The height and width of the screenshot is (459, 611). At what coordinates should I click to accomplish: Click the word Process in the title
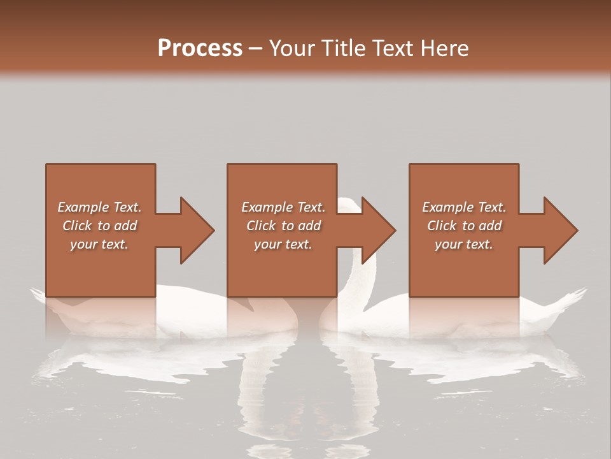(200, 48)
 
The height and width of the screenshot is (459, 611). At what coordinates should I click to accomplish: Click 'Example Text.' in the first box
(99, 207)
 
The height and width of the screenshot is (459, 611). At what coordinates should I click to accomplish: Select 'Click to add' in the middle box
(283, 226)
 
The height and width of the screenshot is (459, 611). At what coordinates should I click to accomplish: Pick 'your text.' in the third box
(463, 244)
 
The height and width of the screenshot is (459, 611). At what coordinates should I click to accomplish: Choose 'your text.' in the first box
(99, 244)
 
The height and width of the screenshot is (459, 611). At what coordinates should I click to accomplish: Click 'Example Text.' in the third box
(464, 207)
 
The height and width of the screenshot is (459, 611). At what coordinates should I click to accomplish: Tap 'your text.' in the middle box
(283, 244)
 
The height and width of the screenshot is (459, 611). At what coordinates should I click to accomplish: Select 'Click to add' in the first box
(99, 226)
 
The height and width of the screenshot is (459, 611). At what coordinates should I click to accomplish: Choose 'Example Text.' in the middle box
(283, 207)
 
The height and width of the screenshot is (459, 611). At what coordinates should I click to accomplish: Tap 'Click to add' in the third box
(464, 226)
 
